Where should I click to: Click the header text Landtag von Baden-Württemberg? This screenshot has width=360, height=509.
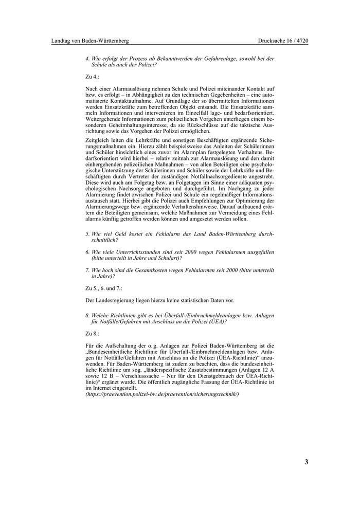[90, 41]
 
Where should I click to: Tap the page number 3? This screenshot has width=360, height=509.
[307, 461]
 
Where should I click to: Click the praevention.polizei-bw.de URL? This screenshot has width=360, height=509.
[162, 394]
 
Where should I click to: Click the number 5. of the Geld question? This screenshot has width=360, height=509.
[87, 233]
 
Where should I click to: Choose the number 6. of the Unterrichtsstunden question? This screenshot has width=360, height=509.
[87, 252]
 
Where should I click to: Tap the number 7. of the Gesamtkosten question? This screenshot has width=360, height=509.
[87, 270]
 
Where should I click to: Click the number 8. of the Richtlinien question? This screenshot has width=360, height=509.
[87, 315]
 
